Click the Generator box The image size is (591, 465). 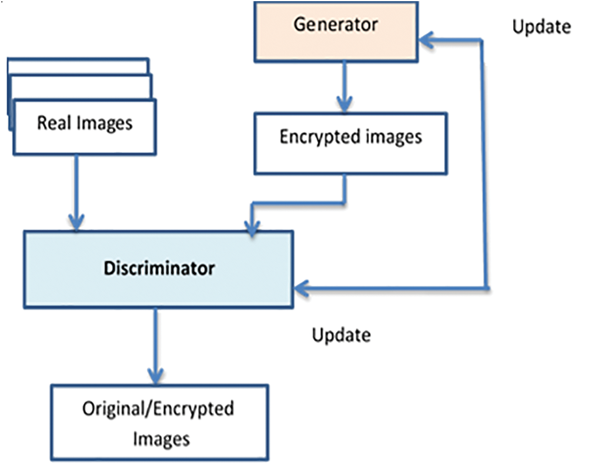[x=336, y=31]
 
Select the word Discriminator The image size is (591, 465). [x=159, y=269]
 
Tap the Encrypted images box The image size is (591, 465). [x=351, y=143]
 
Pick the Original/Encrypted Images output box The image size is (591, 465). [x=159, y=422]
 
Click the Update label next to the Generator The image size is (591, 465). [x=541, y=27]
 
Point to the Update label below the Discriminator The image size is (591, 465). [x=341, y=335]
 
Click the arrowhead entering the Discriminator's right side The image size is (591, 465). [x=301, y=287]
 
